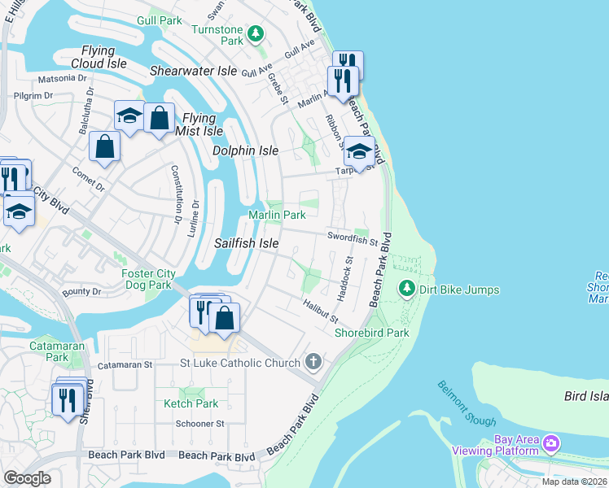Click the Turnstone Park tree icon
[256, 33]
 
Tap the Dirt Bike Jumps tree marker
[406, 289]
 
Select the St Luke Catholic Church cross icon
[313, 360]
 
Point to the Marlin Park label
[277, 216]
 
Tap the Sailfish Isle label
[246, 243]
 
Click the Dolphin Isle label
[245, 151]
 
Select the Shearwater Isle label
[193, 72]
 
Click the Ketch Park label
[191, 403]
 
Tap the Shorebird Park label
[372, 333]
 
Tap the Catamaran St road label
[125, 366]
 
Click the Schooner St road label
[199, 424]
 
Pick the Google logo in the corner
[27, 478]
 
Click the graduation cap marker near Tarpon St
[359, 151]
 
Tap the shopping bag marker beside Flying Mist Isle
[159, 119]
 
